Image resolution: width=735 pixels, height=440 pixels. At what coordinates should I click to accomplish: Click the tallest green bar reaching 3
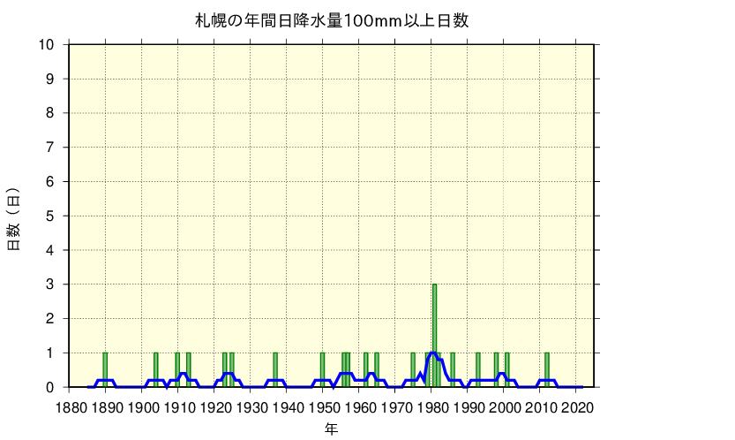[x=434, y=336]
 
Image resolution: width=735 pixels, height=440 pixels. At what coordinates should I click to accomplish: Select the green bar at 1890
[x=105, y=370]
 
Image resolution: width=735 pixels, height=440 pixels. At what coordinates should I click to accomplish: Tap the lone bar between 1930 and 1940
[x=275, y=370]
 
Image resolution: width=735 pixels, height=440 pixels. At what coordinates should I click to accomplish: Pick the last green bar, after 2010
[x=547, y=370]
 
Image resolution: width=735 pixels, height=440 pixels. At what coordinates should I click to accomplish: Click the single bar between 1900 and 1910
[x=156, y=370]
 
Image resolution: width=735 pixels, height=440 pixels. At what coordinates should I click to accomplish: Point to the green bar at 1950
[x=322, y=370]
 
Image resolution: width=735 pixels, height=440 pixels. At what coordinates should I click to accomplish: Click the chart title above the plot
[x=331, y=20]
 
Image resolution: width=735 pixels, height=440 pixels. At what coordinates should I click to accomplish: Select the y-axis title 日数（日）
[x=14, y=218]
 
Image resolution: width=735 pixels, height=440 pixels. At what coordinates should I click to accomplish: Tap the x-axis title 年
[x=331, y=429]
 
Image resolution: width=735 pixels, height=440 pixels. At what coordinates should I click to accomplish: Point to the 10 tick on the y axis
[x=48, y=45]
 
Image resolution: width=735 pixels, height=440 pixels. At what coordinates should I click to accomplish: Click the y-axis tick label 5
[x=51, y=216]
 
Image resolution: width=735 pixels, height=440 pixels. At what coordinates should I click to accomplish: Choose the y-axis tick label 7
[x=51, y=148]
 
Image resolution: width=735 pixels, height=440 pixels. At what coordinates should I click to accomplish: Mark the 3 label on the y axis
[x=51, y=284]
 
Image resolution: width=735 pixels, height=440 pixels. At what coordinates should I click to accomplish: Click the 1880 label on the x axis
[x=69, y=407]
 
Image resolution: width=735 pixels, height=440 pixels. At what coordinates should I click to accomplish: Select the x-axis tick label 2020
[x=579, y=407]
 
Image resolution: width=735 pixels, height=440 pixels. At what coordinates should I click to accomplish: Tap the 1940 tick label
[x=288, y=407]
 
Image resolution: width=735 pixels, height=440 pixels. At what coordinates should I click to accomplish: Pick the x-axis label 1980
[x=433, y=407]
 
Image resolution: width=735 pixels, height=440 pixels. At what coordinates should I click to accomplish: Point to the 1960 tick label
[x=360, y=407]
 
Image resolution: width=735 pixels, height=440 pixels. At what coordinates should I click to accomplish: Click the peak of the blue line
[x=432, y=353]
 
